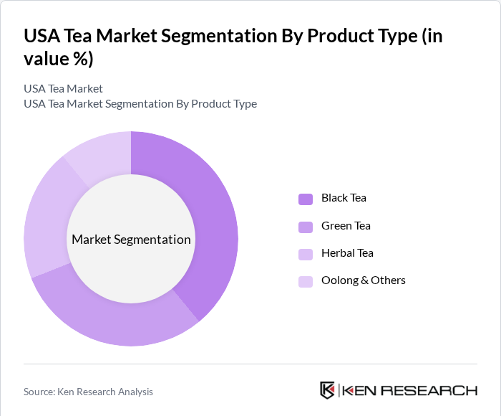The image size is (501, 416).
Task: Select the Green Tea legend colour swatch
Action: (306, 227)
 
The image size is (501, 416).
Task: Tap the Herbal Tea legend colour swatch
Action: (306, 254)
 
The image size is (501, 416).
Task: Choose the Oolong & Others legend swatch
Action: (306, 281)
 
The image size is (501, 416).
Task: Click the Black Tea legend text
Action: (344, 198)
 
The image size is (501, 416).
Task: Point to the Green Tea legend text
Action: (346, 225)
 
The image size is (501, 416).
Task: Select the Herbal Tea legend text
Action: (347, 252)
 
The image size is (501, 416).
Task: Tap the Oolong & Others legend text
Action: (363, 280)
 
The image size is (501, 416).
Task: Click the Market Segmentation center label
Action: (131, 240)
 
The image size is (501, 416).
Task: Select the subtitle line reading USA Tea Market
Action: (63, 89)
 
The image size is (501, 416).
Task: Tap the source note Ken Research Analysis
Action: (88, 392)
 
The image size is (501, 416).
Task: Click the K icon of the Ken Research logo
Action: (328, 390)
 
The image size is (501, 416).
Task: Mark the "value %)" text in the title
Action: (59, 59)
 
